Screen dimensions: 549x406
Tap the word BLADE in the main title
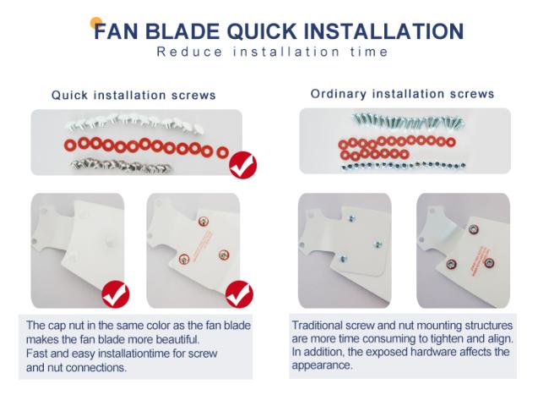[182, 31]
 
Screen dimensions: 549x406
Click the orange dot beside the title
[96, 23]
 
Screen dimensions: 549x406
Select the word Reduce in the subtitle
[189, 52]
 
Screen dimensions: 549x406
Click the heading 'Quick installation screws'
[133, 95]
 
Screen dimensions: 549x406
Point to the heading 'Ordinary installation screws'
[402, 94]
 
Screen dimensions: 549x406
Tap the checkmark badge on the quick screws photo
[243, 165]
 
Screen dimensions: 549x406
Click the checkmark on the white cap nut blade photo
[116, 294]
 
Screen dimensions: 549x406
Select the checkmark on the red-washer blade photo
[240, 294]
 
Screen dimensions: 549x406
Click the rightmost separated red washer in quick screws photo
[222, 152]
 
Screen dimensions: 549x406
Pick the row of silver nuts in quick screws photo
[122, 166]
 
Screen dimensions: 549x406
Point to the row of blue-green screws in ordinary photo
[408, 121]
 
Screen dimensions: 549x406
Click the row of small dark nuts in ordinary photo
[404, 166]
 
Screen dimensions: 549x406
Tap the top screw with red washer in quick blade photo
[203, 222]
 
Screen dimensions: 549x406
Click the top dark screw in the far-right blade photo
[473, 229]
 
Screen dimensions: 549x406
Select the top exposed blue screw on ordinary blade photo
[351, 218]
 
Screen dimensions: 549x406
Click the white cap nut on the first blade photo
[110, 240]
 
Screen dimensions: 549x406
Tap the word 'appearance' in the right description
[322, 365]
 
